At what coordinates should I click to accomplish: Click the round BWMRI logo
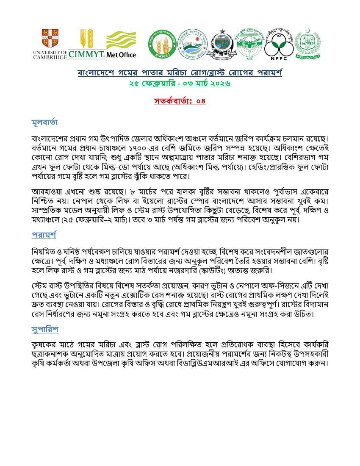[x=162, y=44]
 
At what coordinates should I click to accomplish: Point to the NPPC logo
[x=279, y=44]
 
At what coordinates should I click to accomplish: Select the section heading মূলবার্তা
[x=44, y=123]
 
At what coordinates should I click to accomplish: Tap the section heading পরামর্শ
[x=44, y=235]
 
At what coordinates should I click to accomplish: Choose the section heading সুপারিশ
[x=45, y=329]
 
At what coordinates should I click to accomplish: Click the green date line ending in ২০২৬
[x=180, y=83]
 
